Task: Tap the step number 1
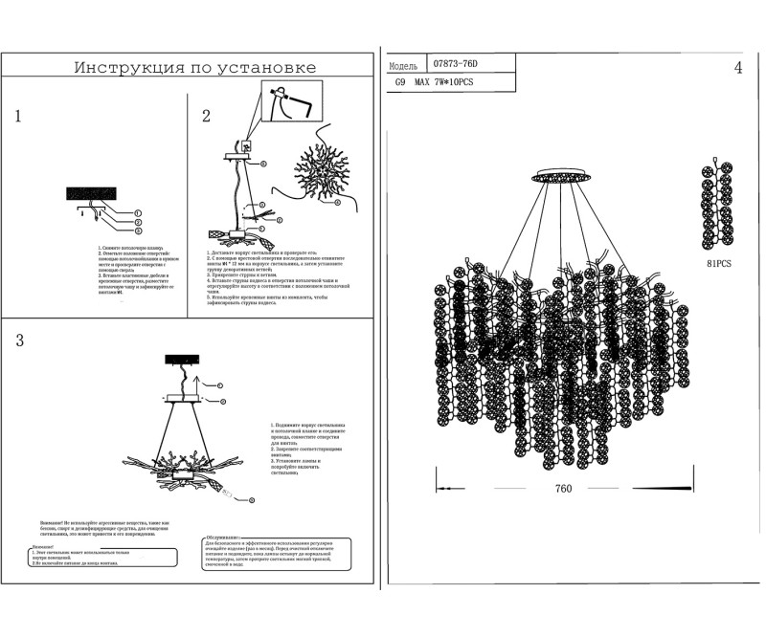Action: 18,118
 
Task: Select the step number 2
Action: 206,117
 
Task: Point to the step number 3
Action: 18,342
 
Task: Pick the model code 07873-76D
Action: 455,64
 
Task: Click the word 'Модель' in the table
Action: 404,65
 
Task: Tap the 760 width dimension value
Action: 563,489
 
